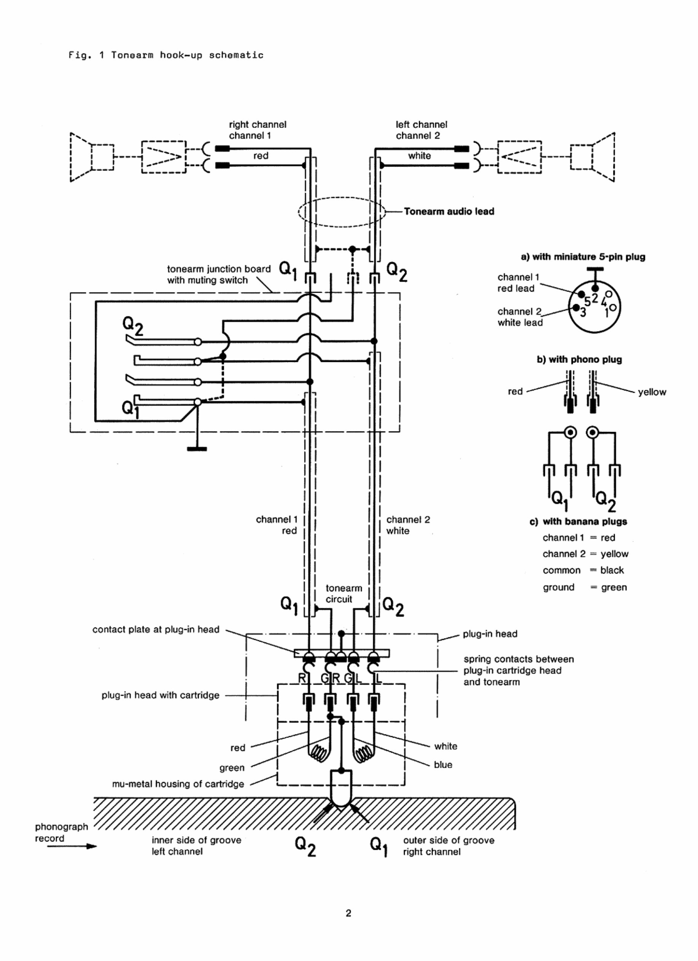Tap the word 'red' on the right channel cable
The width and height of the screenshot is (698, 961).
260,156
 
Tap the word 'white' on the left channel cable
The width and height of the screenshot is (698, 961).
419,156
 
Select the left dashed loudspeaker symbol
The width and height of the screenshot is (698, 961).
91,157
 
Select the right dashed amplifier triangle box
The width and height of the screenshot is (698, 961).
519,157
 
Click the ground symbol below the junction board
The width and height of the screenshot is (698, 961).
197,448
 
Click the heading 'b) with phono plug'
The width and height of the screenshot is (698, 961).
579,359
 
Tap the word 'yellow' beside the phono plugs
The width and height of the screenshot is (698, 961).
652,392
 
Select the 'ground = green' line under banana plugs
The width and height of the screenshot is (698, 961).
585,587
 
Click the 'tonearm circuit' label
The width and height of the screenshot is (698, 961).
343,593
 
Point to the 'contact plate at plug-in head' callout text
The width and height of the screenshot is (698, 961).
156,629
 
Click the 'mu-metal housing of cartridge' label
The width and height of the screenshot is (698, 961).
178,784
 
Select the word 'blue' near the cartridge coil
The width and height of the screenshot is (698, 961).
443,765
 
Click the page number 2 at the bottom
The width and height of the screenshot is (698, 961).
348,913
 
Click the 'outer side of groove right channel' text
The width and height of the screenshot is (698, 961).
448,846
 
